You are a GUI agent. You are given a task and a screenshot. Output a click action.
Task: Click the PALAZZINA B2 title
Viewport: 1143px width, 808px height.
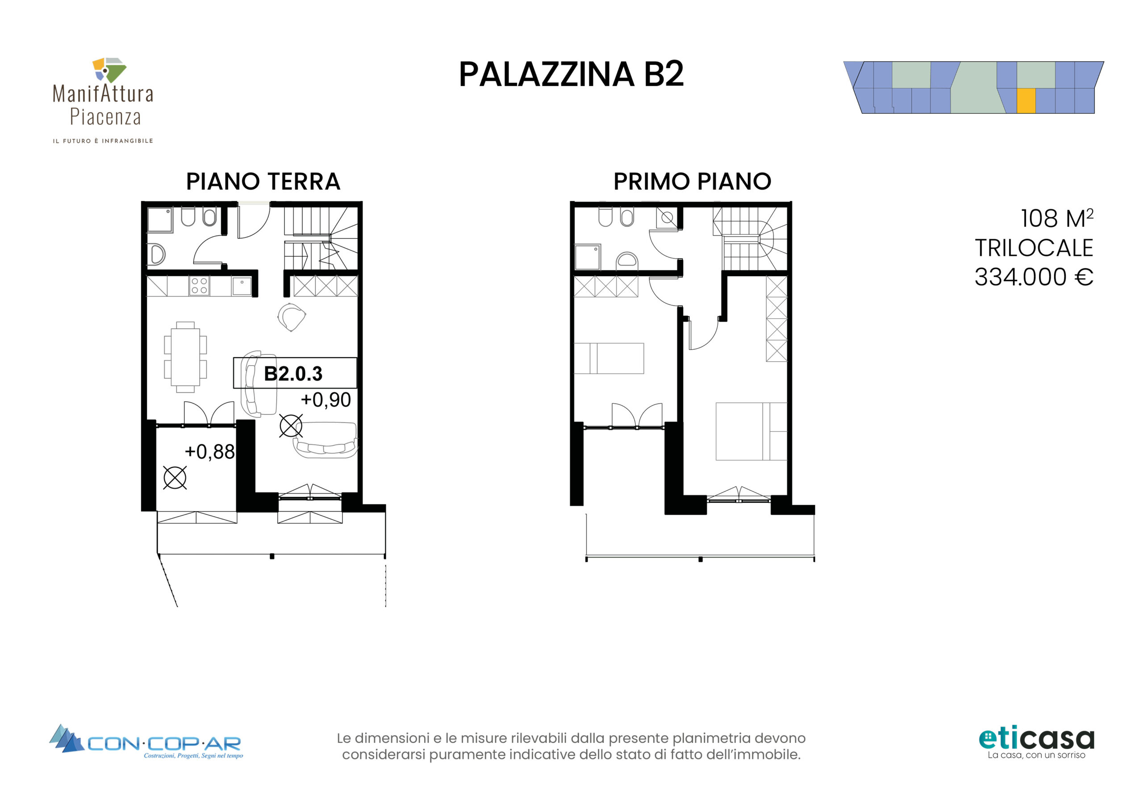571,75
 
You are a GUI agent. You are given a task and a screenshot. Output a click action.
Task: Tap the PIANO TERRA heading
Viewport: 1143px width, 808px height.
263,181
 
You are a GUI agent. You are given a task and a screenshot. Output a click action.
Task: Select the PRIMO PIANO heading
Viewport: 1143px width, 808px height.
692,181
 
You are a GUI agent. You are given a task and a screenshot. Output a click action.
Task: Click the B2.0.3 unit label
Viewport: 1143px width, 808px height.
293,373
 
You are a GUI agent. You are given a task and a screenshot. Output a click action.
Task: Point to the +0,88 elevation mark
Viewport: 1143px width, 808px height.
209,452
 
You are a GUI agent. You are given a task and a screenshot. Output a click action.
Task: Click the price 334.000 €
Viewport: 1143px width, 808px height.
1034,277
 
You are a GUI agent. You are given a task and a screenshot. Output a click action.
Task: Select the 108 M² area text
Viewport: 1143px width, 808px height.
1057,218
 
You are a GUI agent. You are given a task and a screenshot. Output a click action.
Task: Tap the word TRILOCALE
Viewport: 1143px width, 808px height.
1034,248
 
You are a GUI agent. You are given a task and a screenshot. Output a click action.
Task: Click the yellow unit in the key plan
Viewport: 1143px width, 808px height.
1026,101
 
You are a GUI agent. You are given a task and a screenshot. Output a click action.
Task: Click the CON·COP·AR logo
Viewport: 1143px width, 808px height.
146,741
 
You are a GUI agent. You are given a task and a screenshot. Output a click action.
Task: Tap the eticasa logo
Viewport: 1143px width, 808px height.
1036,743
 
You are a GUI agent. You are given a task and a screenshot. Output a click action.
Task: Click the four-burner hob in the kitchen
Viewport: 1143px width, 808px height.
199,286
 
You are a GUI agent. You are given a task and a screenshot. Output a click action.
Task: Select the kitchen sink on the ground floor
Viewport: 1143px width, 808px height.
242,286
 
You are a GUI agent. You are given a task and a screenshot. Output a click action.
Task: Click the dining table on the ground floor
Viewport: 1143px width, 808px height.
185,357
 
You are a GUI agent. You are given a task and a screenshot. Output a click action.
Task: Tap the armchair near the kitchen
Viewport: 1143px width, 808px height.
291,317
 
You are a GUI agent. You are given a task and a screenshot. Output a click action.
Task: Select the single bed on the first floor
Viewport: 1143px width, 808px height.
609,358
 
